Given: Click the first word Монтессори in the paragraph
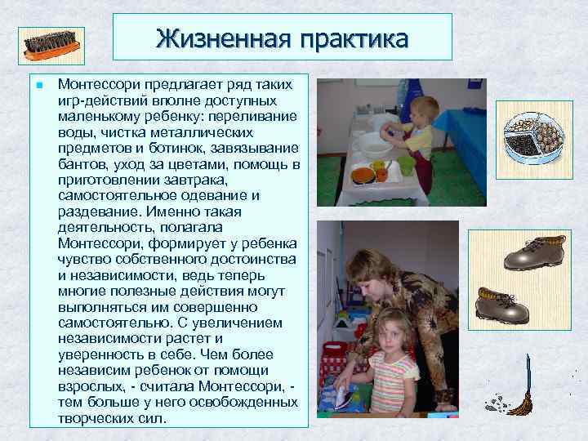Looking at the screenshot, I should tap(95, 85).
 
